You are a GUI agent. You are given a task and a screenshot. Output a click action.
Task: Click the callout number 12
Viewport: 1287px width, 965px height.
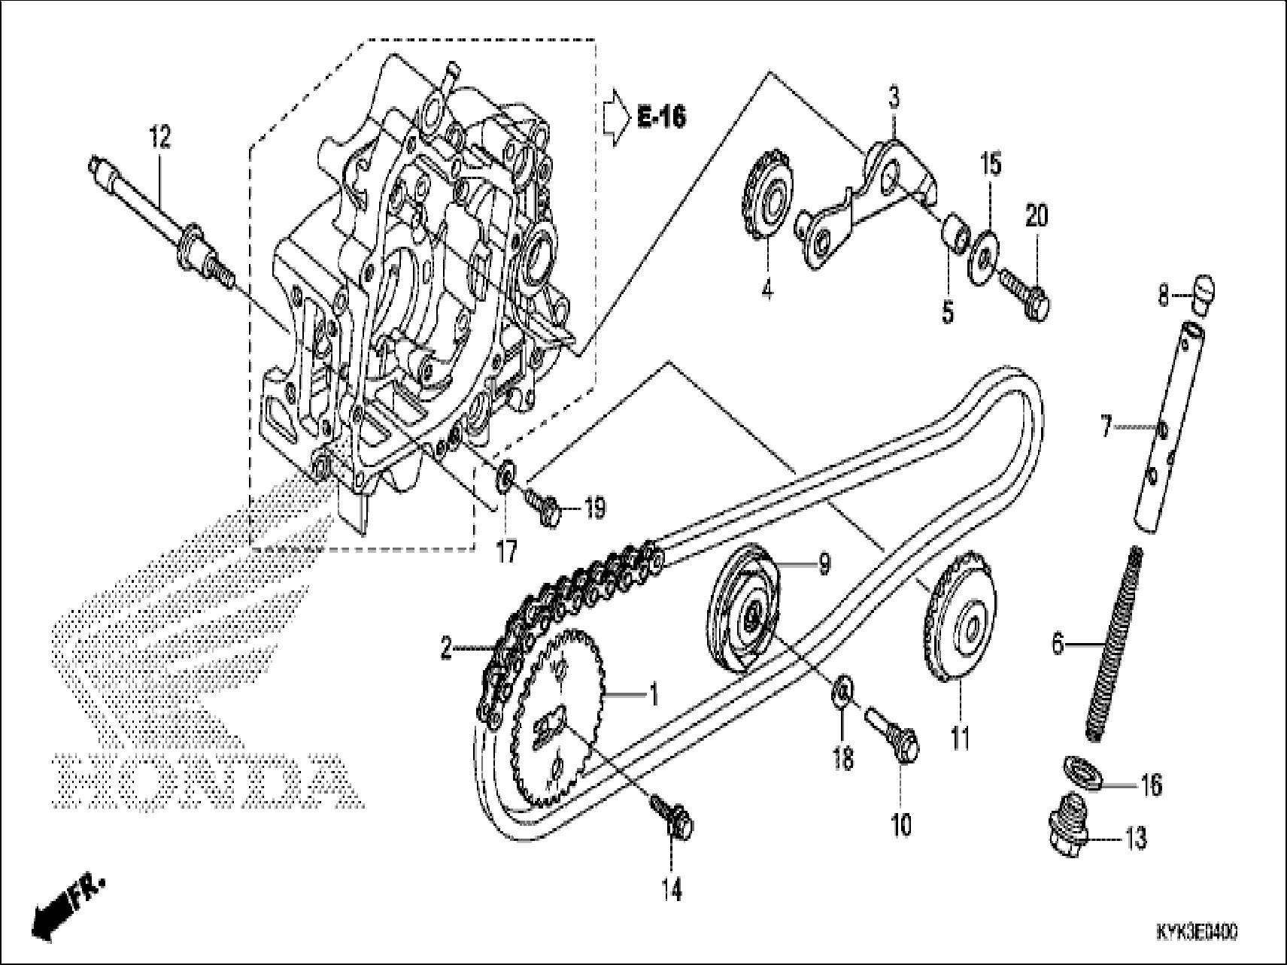159,138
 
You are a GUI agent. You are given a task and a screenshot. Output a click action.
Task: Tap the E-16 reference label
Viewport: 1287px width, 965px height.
661,117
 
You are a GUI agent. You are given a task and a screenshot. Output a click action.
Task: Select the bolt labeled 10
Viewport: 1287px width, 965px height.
894,727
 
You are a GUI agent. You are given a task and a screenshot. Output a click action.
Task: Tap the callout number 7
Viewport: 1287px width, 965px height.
1106,427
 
